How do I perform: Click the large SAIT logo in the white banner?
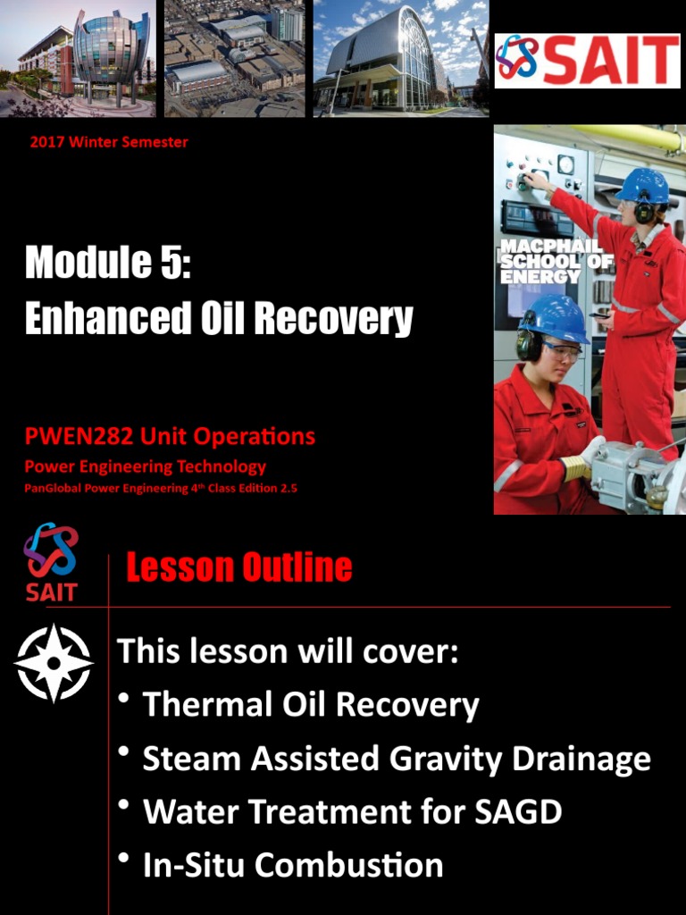(587, 61)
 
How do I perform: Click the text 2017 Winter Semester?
(109, 142)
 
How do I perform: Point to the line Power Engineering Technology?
(145, 466)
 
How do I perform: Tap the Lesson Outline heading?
(239, 567)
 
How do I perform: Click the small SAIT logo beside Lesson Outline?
(51, 562)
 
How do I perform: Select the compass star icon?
(53, 662)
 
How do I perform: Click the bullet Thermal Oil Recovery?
(310, 705)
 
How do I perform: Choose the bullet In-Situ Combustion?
(292, 865)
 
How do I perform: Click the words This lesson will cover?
(288, 651)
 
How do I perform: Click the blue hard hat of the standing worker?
(642, 185)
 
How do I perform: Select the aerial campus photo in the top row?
(234, 58)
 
